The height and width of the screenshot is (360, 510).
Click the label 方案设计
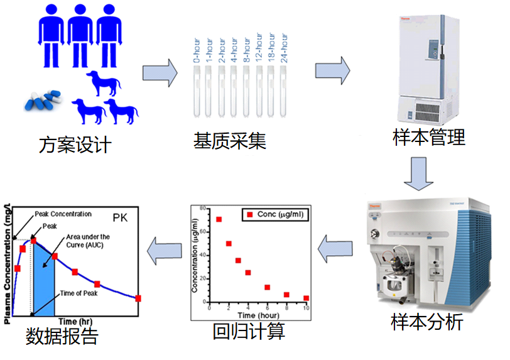point(75,145)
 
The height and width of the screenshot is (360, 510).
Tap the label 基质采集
point(230,140)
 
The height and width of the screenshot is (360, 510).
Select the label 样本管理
point(429,136)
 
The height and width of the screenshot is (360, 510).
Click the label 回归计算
point(249,329)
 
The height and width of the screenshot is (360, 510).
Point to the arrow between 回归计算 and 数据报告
point(165,253)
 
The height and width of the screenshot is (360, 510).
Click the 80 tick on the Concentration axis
point(202,207)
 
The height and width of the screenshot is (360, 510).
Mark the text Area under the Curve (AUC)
point(87,241)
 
